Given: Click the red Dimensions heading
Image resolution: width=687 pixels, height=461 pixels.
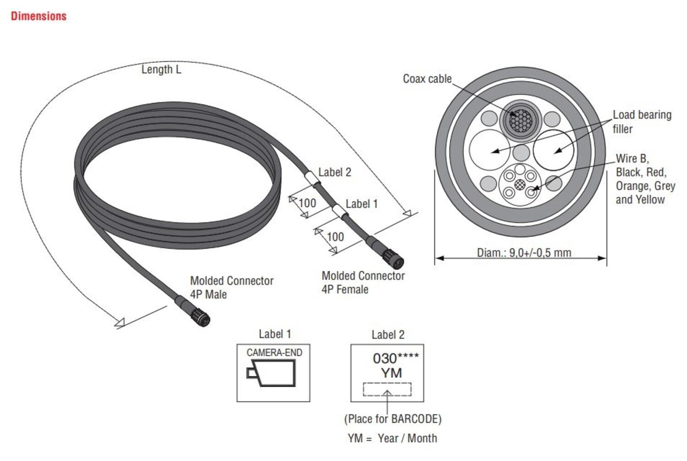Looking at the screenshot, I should pyautogui.click(x=38, y=16).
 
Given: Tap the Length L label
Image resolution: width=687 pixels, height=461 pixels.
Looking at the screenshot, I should pyautogui.click(x=161, y=70).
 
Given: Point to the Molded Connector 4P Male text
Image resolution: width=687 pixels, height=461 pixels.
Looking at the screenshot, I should pyautogui.click(x=231, y=288).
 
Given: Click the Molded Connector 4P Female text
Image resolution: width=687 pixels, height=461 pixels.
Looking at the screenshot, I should pyautogui.click(x=363, y=283).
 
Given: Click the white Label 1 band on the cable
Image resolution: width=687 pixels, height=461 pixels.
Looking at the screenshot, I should pyautogui.click(x=339, y=211).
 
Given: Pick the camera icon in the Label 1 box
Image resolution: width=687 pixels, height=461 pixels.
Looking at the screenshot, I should pyautogui.click(x=271, y=373).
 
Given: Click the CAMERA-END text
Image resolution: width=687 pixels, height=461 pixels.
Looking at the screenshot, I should pyautogui.click(x=274, y=353).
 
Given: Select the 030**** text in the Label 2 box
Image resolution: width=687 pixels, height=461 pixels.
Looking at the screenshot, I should pyautogui.click(x=395, y=358).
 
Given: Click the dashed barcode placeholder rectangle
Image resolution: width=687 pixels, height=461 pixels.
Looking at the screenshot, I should pyautogui.click(x=387, y=389).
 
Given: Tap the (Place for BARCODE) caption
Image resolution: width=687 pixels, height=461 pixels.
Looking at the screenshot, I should pyautogui.click(x=393, y=419).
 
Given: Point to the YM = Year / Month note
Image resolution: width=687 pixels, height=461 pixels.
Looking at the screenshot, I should pyautogui.click(x=392, y=438).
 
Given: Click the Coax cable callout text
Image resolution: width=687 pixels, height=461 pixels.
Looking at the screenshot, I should pyautogui.click(x=427, y=79).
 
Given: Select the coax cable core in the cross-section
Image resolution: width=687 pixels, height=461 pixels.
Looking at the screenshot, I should pyautogui.click(x=520, y=120).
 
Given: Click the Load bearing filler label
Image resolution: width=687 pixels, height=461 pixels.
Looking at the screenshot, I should pyautogui.click(x=641, y=122).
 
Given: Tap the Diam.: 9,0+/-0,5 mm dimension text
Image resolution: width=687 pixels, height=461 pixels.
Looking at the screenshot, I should pyautogui.click(x=524, y=252).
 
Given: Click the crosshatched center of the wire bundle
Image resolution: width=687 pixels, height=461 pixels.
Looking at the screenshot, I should pyautogui.click(x=519, y=184).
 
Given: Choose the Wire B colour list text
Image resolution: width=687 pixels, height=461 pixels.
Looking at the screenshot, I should pyautogui.click(x=645, y=179).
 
